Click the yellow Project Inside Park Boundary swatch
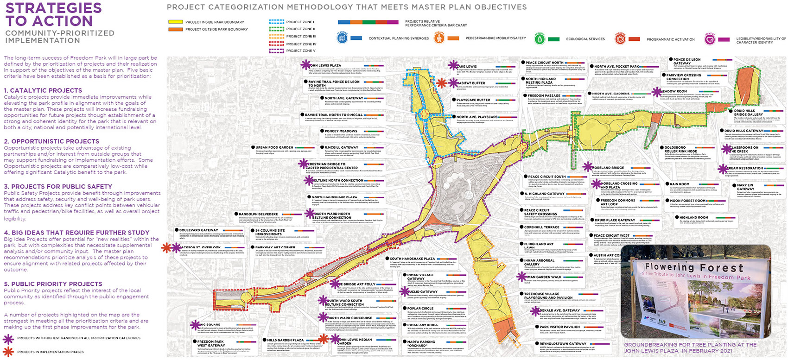[x=175, y=22]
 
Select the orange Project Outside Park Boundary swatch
[x=175, y=29]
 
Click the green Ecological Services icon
[x=539, y=39]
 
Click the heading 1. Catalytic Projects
[x=43, y=90]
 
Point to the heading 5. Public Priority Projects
[x=53, y=284]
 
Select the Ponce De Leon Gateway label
[x=687, y=61]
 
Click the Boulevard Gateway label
[x=198, y=230]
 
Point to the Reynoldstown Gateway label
[x=563, y=344]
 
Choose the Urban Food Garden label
[x=274, y=147]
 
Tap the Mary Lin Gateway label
[x=746, y=187]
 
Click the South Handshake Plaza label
[x=412, y=259]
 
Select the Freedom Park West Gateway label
[x=211, y=343]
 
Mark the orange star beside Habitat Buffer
[x=442, y=83]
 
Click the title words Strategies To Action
[x=53, y=14]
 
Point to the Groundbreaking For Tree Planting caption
[x=690, y=347]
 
